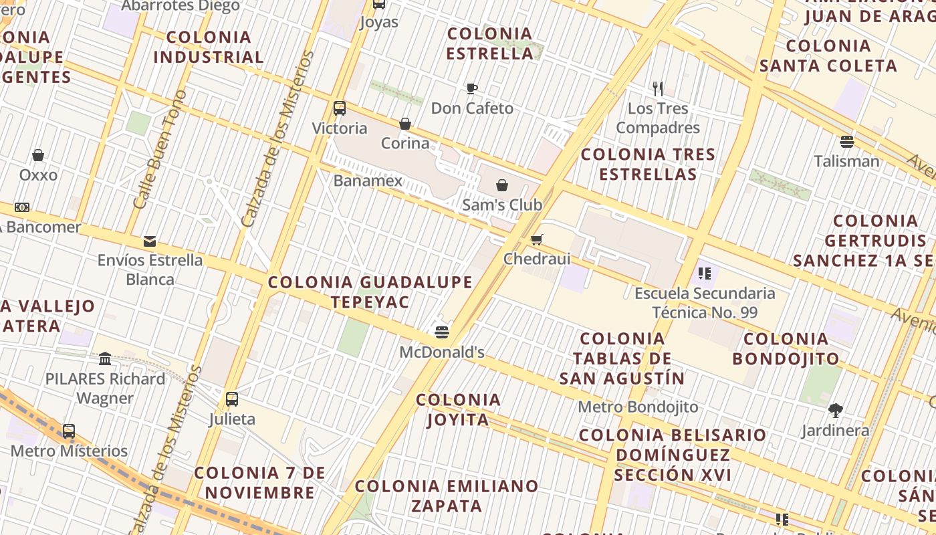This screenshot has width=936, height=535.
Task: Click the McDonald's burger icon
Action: point(441,332)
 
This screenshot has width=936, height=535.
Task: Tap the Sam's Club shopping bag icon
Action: point(502,185)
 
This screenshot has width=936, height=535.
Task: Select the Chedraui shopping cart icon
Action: point(536,239)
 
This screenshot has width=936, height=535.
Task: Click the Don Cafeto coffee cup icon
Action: point(472,88)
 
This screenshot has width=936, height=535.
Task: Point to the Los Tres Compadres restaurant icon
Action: point(658,88)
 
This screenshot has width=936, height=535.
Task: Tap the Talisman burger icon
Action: point(847,141)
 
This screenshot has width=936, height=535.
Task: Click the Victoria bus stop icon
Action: point(340,108)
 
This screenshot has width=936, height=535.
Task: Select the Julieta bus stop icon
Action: point(232,399)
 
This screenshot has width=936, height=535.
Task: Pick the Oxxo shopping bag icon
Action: point(38,155)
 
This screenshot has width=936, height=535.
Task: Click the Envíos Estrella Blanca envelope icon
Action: point(150,241)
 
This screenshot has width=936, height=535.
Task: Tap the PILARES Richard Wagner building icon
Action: point(105,359)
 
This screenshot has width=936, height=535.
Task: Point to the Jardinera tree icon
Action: point(835,410)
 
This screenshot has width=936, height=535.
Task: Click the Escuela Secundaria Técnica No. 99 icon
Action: point(704,273)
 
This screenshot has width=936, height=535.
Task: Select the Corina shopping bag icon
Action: point(405,124)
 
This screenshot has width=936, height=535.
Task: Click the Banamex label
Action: point(368,181)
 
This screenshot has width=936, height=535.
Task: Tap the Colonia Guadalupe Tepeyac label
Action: point(370,292)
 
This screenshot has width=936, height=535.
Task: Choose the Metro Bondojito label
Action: point(638,407)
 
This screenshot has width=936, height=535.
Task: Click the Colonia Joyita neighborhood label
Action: point(459,409)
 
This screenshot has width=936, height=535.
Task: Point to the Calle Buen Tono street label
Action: point(159,150)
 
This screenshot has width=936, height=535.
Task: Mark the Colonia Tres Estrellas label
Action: point(648,164)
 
